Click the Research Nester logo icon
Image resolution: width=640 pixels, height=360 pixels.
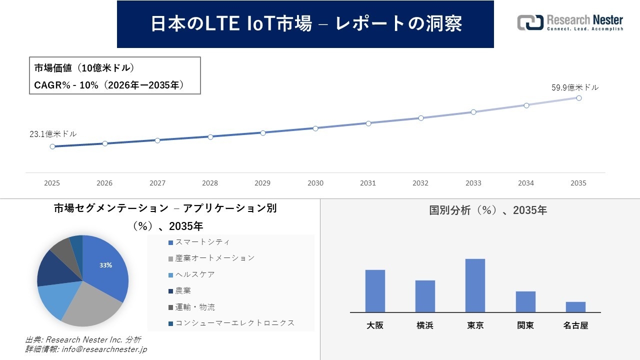[530, 22]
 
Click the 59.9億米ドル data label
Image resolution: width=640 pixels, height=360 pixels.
[575, 87]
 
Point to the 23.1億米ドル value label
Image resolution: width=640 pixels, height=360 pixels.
[53, 134]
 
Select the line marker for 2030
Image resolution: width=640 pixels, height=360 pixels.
[315, 128]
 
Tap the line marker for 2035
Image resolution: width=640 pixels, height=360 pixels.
[578, 98]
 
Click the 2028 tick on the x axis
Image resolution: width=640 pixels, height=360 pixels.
[210, 183]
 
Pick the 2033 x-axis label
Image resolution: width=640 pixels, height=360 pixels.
[473, 183]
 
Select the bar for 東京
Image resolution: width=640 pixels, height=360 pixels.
[475, 285]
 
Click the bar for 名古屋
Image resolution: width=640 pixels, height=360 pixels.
[575, 307]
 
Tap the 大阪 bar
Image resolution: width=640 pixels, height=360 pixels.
[375, 291]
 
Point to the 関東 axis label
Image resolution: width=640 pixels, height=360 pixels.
[525, 325]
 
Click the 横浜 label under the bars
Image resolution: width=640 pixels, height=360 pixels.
[425, 325]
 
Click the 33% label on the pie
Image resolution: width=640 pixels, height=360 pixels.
[105, 265]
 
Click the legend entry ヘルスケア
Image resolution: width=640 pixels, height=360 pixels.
[195, 274]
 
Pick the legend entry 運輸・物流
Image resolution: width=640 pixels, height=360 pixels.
[195, 307]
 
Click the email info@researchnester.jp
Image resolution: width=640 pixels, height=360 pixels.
[103, 349]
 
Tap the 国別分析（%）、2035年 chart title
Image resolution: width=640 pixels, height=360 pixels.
[488, 210]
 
